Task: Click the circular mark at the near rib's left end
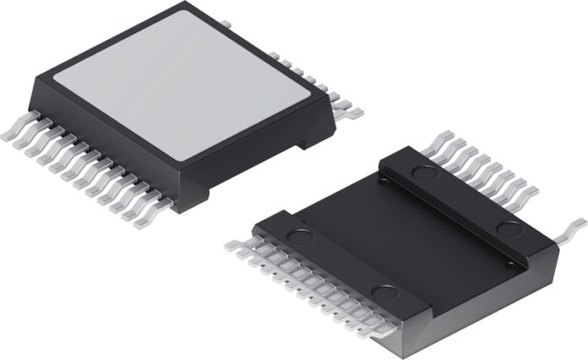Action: (297, 237)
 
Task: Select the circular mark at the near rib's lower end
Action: (384, 294)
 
